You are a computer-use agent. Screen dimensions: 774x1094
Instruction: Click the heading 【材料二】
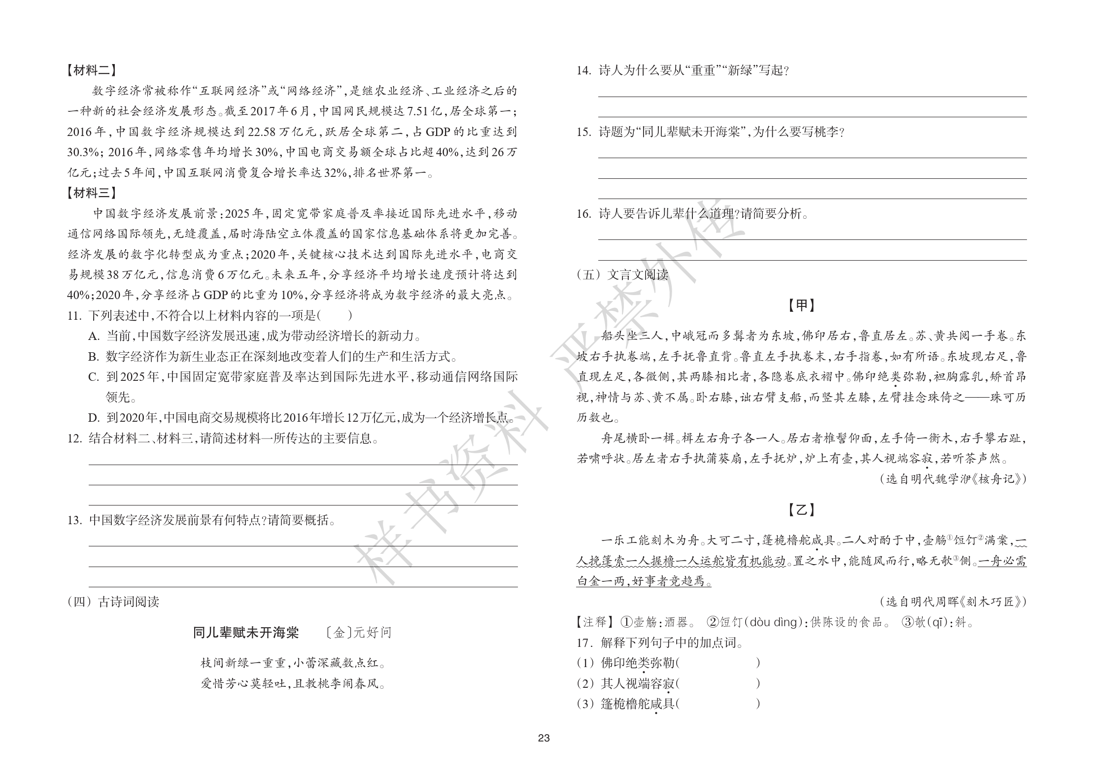tap(92, 70)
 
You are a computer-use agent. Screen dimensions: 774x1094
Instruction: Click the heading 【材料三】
tap(92, 193)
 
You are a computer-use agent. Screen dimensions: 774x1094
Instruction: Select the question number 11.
tap(74, 315)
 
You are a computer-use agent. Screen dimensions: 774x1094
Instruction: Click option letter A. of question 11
tap(94, 336)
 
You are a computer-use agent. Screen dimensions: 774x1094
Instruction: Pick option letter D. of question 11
tap(94, 418)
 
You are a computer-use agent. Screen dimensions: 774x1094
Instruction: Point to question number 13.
tap(74, 520)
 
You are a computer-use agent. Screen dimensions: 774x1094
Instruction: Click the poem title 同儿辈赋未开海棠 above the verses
tap(246, 633)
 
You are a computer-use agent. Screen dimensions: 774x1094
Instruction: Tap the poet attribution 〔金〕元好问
tap(359, 633)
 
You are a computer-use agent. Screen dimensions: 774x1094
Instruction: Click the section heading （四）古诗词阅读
tap(113, 602)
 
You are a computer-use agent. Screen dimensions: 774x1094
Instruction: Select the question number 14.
tap(583, 70)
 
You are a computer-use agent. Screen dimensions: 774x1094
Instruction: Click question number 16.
tap(583, 214)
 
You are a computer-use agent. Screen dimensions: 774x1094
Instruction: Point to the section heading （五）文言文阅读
tap(622, 274)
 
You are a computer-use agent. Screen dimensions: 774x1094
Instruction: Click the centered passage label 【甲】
tap(802, 305)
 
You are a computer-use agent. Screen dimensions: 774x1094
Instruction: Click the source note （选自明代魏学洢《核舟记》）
tap(953, 479)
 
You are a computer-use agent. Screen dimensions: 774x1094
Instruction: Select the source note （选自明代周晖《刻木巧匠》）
tap(953, 602)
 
